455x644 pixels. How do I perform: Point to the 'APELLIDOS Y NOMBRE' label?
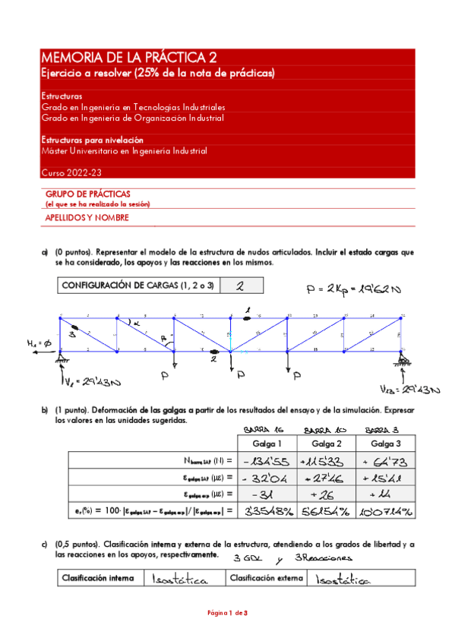point(87,218)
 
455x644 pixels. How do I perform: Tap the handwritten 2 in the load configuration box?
point(239,286)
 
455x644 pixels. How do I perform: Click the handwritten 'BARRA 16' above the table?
point(260,430)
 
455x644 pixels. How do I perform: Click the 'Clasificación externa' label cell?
point(264,579)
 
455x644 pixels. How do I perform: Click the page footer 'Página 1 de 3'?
point(227,633)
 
